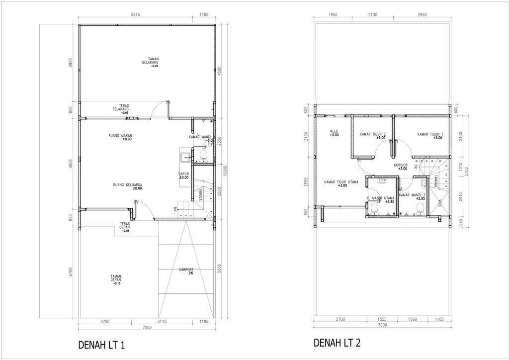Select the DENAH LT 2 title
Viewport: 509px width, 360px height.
[x=337, y=343]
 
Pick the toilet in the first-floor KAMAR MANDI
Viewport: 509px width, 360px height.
[x=202, y=157]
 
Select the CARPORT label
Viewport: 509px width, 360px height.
[x=186, y=271]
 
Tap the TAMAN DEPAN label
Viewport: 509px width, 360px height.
[x=116, y=279]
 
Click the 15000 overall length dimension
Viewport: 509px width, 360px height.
[x=225, y=170]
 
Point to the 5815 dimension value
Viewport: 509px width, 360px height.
[x=135, y=15]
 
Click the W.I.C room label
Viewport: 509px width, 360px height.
[x=334, y=133]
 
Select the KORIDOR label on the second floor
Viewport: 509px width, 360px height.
[x=401, y=166]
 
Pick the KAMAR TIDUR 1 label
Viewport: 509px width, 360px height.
[x=430, y=135]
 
